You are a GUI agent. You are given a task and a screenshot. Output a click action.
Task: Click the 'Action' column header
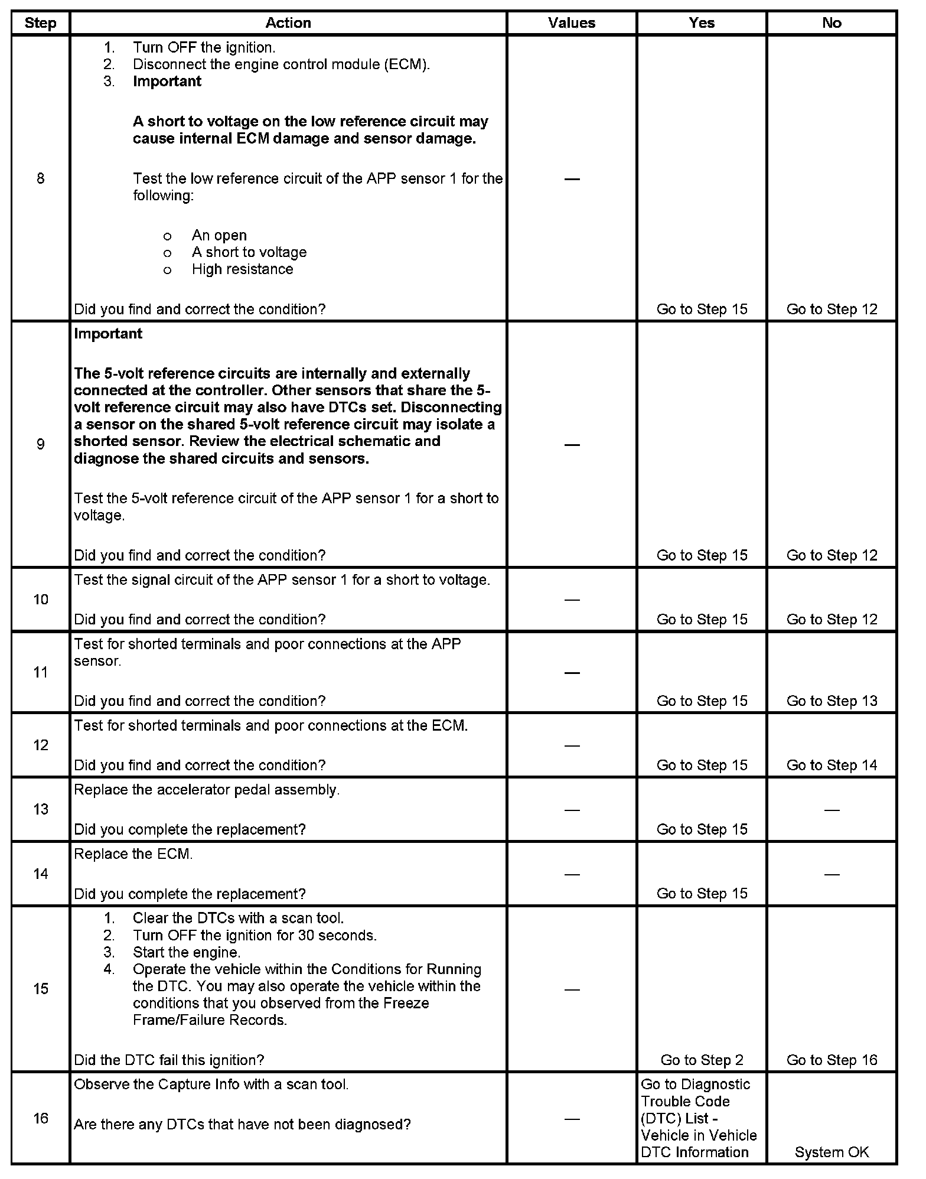pos(288,23)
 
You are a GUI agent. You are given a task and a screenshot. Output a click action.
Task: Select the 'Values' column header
pos(571,23)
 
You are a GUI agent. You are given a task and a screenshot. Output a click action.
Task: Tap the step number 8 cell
pos(40,178)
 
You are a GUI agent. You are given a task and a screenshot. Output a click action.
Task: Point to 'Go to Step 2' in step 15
pos(702,1060)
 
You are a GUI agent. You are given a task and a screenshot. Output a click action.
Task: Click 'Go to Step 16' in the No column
pos(832,1060)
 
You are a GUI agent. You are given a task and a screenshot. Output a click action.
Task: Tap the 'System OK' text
pos(832,1152)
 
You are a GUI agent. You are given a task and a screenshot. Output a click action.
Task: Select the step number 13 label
pos(40,809)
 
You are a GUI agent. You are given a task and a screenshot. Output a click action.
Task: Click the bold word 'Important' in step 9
pos(108,334)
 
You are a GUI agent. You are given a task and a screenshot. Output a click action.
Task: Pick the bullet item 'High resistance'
pos(242,269)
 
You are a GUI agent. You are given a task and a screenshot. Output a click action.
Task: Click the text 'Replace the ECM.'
pos(133,854)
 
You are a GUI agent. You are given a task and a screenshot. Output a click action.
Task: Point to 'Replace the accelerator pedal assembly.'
pos(207,790)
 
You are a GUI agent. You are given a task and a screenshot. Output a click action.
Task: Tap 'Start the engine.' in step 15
pos(187,952)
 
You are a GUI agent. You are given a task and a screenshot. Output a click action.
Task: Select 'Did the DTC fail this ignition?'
pos(169,1060)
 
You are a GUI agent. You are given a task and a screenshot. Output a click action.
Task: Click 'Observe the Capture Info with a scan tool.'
pos(211,1084)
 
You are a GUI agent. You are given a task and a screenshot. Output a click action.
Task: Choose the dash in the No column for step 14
pos(832,874)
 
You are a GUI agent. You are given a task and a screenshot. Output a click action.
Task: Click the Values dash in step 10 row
pos(572,600)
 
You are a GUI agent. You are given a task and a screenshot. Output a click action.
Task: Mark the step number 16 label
pos(40,1118)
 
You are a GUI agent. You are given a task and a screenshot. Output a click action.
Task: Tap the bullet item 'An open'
pos(219,236)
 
